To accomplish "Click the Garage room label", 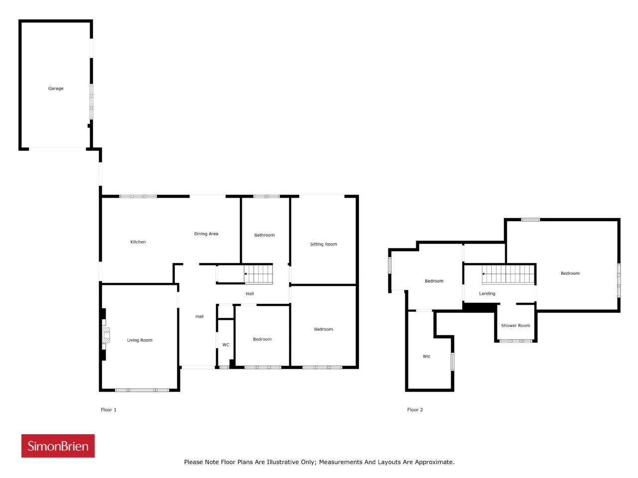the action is tap(55, 88).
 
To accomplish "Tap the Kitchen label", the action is tap(138, 242).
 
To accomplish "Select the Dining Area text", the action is tap(206, 234).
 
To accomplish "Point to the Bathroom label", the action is tap(264, 235).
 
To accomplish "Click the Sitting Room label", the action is tap(323, 244).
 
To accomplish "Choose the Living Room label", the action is tap(140, 340).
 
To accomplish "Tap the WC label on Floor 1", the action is tap(226, 345).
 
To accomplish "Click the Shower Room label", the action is tap(515, 326).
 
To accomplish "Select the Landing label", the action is tap(487, 293).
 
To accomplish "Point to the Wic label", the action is tap(426, 357).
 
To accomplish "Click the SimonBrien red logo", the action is tap(58, 446).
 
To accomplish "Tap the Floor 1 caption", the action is tap(109, 410).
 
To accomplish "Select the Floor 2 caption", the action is tap(415, 410).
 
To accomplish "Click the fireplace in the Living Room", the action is tap(106, 335).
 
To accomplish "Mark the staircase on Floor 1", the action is tap(258, 274).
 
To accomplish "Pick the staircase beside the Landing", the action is tap(508, 274).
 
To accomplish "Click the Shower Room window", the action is tap(515, 341).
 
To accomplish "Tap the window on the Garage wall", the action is tap(91, 102).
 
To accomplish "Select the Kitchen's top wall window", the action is tap(138, 197).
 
